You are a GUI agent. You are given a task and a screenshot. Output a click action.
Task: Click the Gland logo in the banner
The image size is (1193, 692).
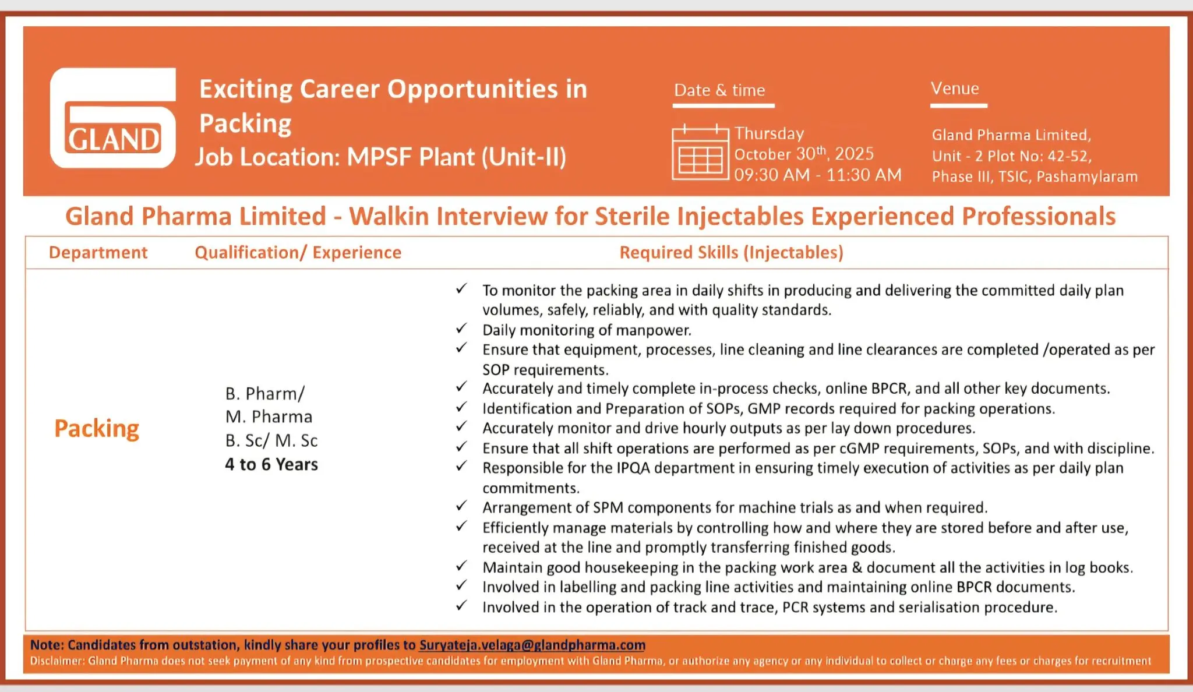[113, 118]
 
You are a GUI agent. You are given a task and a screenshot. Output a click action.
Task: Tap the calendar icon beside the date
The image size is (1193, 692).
[700, 153]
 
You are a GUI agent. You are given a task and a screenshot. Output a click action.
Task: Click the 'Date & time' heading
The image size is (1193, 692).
[719, 90]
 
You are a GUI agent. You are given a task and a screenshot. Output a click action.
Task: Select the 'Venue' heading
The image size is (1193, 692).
[955, 89]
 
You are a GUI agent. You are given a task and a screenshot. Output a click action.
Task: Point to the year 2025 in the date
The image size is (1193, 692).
[854, 154]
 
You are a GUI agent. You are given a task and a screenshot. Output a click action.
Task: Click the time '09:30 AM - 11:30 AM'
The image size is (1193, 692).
[817, 175]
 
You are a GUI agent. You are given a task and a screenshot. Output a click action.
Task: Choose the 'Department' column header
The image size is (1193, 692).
[98, 252]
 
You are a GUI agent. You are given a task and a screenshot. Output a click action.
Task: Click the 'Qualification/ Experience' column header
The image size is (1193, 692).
[298, 252]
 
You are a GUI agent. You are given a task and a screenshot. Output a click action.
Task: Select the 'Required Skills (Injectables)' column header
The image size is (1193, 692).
[731, 252]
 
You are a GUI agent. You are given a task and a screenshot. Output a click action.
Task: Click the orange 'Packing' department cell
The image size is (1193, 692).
[97, 429]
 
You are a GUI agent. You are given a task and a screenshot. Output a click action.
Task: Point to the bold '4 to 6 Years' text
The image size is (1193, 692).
[271, 464]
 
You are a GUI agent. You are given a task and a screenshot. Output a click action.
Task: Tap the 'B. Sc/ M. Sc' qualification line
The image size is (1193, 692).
[271, 440]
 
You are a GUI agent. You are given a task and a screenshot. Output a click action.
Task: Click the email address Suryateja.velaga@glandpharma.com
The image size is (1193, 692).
[532, 645]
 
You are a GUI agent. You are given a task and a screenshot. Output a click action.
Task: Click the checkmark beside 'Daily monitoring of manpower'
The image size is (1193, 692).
[461, 329]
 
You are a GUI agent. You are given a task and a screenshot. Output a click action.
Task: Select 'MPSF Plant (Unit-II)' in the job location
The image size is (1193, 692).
[456, 157]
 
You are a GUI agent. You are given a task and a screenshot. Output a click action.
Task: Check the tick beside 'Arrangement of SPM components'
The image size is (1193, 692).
[461, 506]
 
